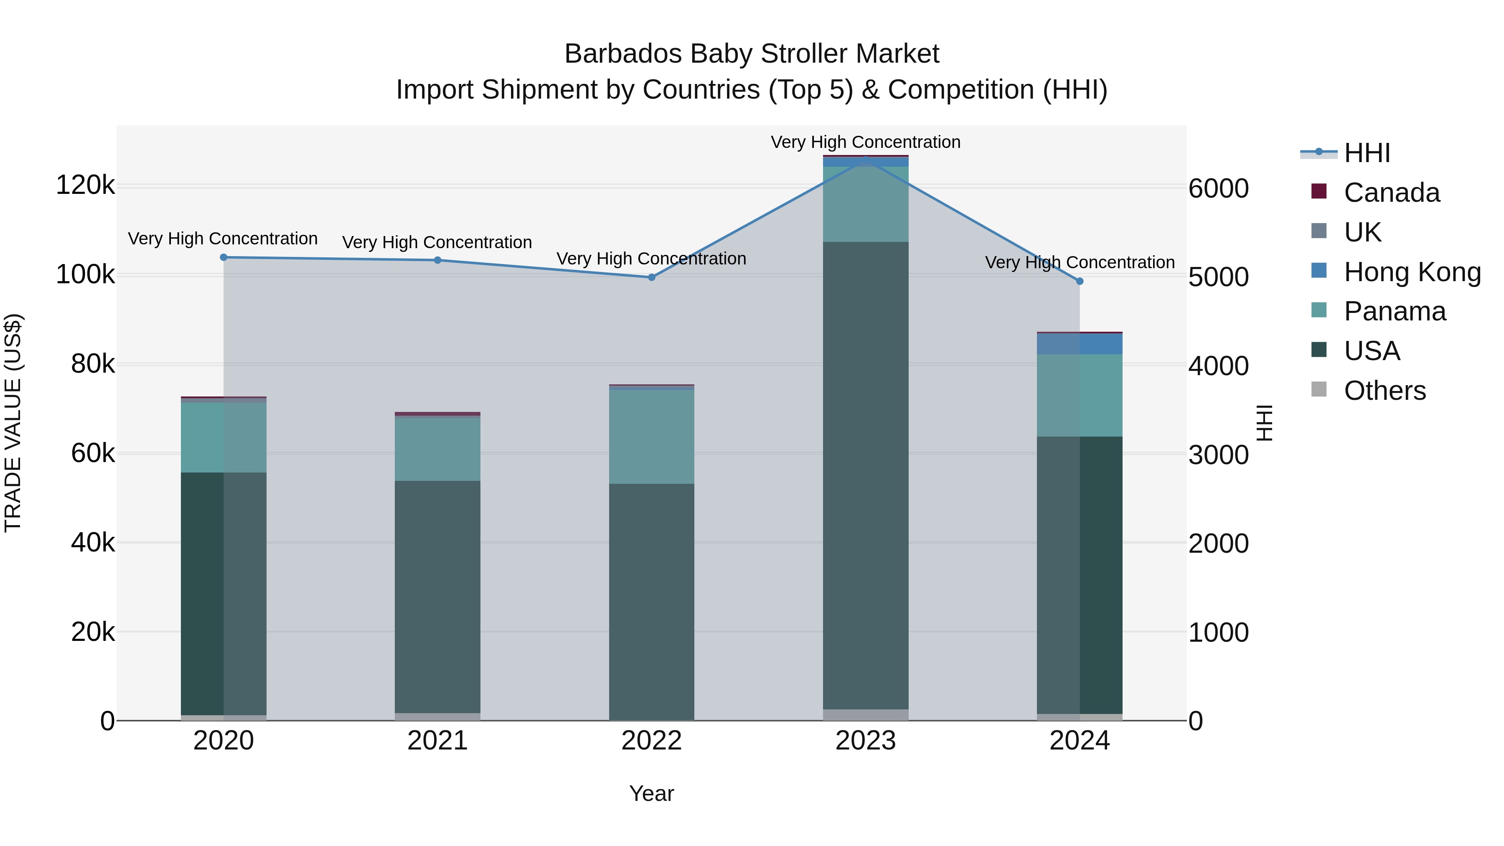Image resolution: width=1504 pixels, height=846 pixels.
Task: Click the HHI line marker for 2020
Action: [224, 257]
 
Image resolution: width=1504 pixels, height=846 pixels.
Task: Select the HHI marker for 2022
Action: [652, 277]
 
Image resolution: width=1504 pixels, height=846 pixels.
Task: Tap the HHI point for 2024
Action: [1080, 282]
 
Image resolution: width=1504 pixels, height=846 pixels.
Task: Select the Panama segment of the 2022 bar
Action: [652, 437]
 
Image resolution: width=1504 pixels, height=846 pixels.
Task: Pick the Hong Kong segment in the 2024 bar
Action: [1080, 344]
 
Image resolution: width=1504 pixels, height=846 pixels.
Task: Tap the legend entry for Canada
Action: [1391, 193]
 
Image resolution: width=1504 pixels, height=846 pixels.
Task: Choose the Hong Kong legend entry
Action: [1412, 272]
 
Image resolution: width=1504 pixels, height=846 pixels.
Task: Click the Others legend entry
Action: [1385, 391]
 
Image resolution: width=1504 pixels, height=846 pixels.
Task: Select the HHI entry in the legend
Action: [1367, 153]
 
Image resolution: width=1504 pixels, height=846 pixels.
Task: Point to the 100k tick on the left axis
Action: [85, 274]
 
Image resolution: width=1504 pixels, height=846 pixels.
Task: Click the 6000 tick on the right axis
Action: [1219, 188]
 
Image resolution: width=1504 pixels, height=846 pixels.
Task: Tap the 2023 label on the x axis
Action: [866, 741]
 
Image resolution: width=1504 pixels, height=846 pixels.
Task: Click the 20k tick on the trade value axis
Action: [93, 632]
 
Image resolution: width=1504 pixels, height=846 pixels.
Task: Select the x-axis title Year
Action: [652, 793]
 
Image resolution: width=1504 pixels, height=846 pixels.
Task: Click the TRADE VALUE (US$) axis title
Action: [13, 423]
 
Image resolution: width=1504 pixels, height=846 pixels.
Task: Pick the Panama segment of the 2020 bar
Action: [224, 437]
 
